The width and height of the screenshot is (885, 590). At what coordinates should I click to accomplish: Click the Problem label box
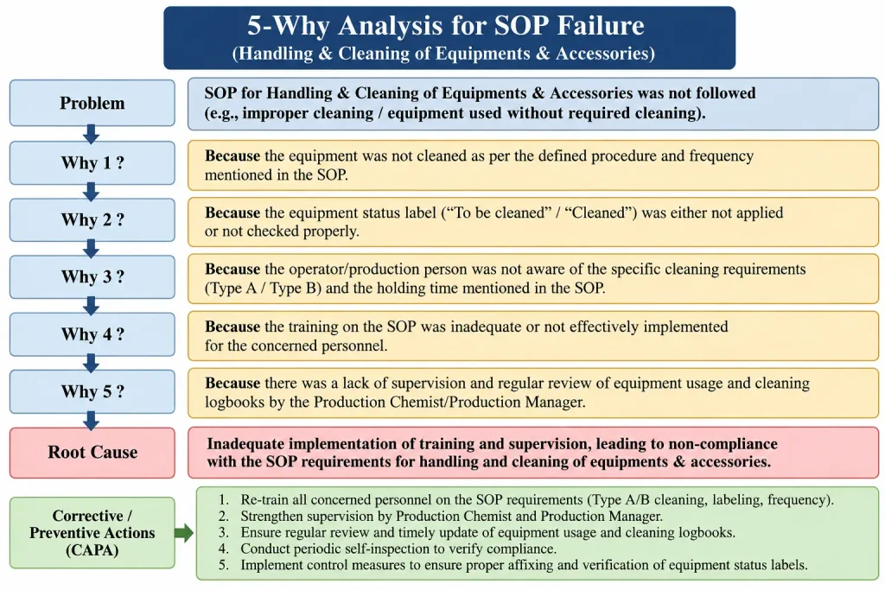[92, 103]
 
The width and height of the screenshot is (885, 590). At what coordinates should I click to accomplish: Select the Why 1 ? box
[92, 163]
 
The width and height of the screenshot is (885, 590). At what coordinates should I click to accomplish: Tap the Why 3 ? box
[92, 277]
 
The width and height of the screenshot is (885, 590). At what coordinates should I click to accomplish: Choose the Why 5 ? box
[92, 391]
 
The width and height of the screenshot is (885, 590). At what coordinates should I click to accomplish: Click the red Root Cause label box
[92, 453]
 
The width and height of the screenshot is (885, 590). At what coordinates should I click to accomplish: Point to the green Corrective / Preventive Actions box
[92, 532]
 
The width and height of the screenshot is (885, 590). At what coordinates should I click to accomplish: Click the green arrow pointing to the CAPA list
[184, 532]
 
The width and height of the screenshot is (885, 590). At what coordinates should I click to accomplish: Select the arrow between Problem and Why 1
[91, 134]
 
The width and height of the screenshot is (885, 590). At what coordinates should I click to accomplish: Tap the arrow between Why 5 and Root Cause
[91, 421]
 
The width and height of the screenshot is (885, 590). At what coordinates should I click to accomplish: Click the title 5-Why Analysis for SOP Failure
[446, 25]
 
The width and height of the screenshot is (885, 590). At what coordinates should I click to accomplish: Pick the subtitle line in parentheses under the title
[443, 53]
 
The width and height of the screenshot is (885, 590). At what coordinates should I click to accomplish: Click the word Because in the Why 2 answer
[232, 213]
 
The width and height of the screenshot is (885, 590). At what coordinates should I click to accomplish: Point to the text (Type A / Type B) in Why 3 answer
[263, 289]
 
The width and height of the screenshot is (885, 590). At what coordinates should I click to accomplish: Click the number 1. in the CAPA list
[224, 500]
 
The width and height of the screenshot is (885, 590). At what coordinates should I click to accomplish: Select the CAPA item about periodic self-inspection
[398, 549]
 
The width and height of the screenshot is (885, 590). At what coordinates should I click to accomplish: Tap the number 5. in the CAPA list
[224, 565]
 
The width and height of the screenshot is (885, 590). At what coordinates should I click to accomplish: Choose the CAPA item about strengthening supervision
[451, 516]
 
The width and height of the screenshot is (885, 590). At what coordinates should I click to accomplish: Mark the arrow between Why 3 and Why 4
[91, 306]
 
